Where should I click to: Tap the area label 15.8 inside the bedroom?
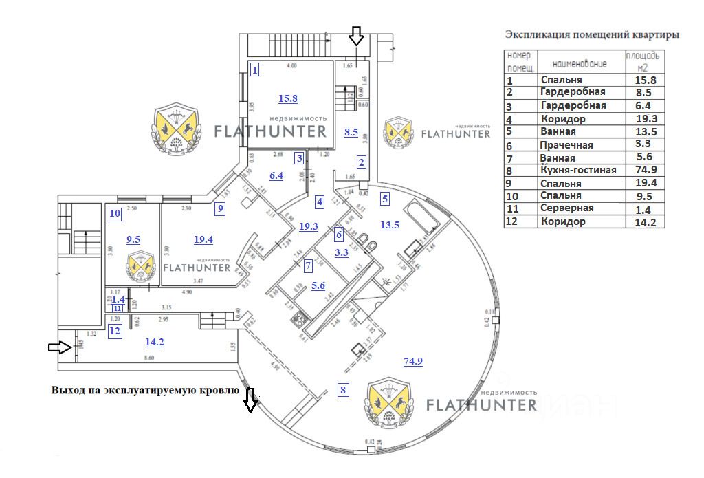click(x=287, y=98)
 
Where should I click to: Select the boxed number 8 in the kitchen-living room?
click(x=344, y=391)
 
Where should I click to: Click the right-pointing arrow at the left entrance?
click(x=60, y=348)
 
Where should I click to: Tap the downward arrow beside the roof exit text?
click(x=250, y=400)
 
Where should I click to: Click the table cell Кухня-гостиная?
click(x=578, y=170)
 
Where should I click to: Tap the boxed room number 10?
click(x=115, y=213)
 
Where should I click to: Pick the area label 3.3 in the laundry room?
click(x=341, y=252)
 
